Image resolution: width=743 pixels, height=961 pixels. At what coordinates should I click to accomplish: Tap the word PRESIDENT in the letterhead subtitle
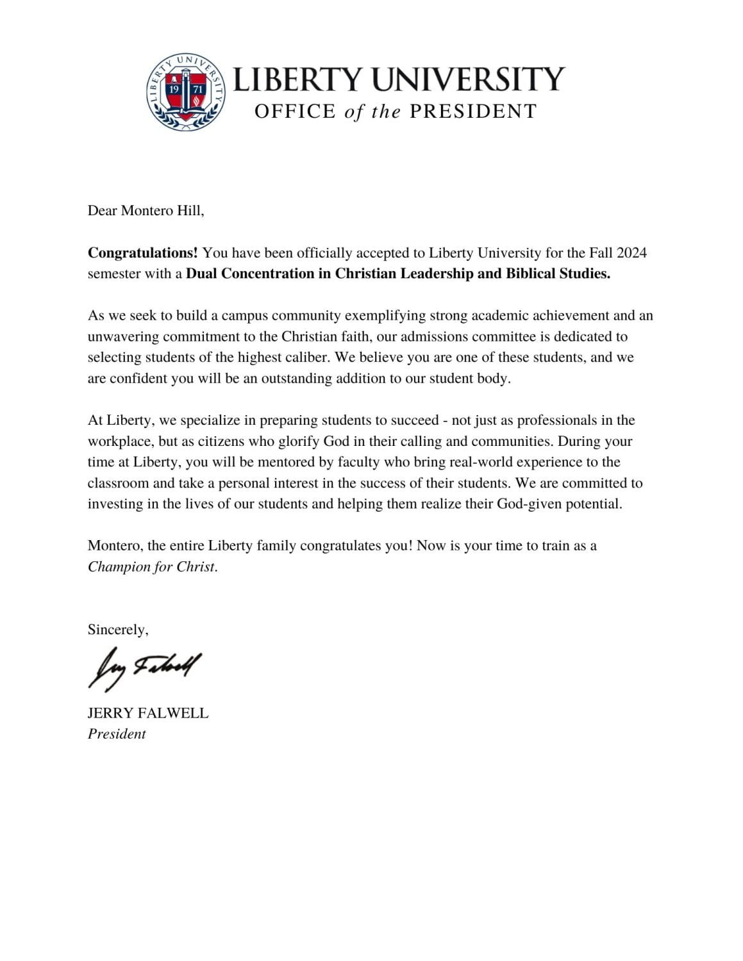click(x=472, y=111)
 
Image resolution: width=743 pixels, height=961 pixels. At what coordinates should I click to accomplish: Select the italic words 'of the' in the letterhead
click(x=372, y=112)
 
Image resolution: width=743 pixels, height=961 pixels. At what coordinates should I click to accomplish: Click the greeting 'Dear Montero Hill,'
click(x=146, y=210)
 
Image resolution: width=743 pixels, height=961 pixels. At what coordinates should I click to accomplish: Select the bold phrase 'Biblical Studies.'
click(x=558, y=274)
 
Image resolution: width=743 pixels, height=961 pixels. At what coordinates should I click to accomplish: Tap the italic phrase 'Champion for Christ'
click(x=152, y=567)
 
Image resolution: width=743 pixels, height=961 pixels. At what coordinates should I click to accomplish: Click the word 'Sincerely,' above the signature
click(x=118, y=630)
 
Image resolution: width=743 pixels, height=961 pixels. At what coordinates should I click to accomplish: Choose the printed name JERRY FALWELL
click(x=147, y=713)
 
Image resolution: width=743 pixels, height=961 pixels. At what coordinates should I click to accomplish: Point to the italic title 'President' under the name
click(x=117, y=734)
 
